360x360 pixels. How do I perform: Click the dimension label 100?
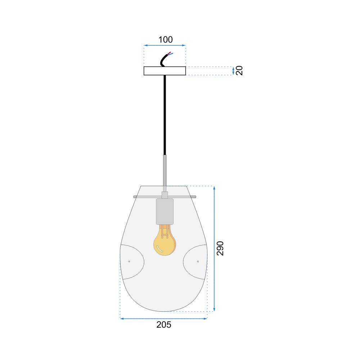point(166,40)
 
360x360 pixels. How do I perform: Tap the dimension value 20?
point(239,71)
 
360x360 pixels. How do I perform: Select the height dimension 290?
point(220,248)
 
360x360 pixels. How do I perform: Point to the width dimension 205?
point(164,325)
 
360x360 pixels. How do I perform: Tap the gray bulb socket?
point(165,211)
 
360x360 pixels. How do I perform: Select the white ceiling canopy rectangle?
point(165,71)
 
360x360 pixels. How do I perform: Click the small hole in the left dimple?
point(129,261)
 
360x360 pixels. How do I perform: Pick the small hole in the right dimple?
point(198,261)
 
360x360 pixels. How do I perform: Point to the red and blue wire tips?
point(170,54)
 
